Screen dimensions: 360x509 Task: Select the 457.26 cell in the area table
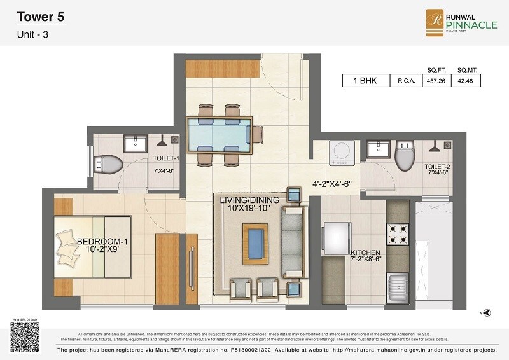(x=435, y=81)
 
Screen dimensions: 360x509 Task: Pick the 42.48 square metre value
(x=467, y=81)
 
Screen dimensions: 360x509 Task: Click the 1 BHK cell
(x=361, y=81)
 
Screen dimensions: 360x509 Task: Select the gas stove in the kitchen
(x=398, y=234)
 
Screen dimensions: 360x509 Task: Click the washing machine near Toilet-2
(x=338, y=152)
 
